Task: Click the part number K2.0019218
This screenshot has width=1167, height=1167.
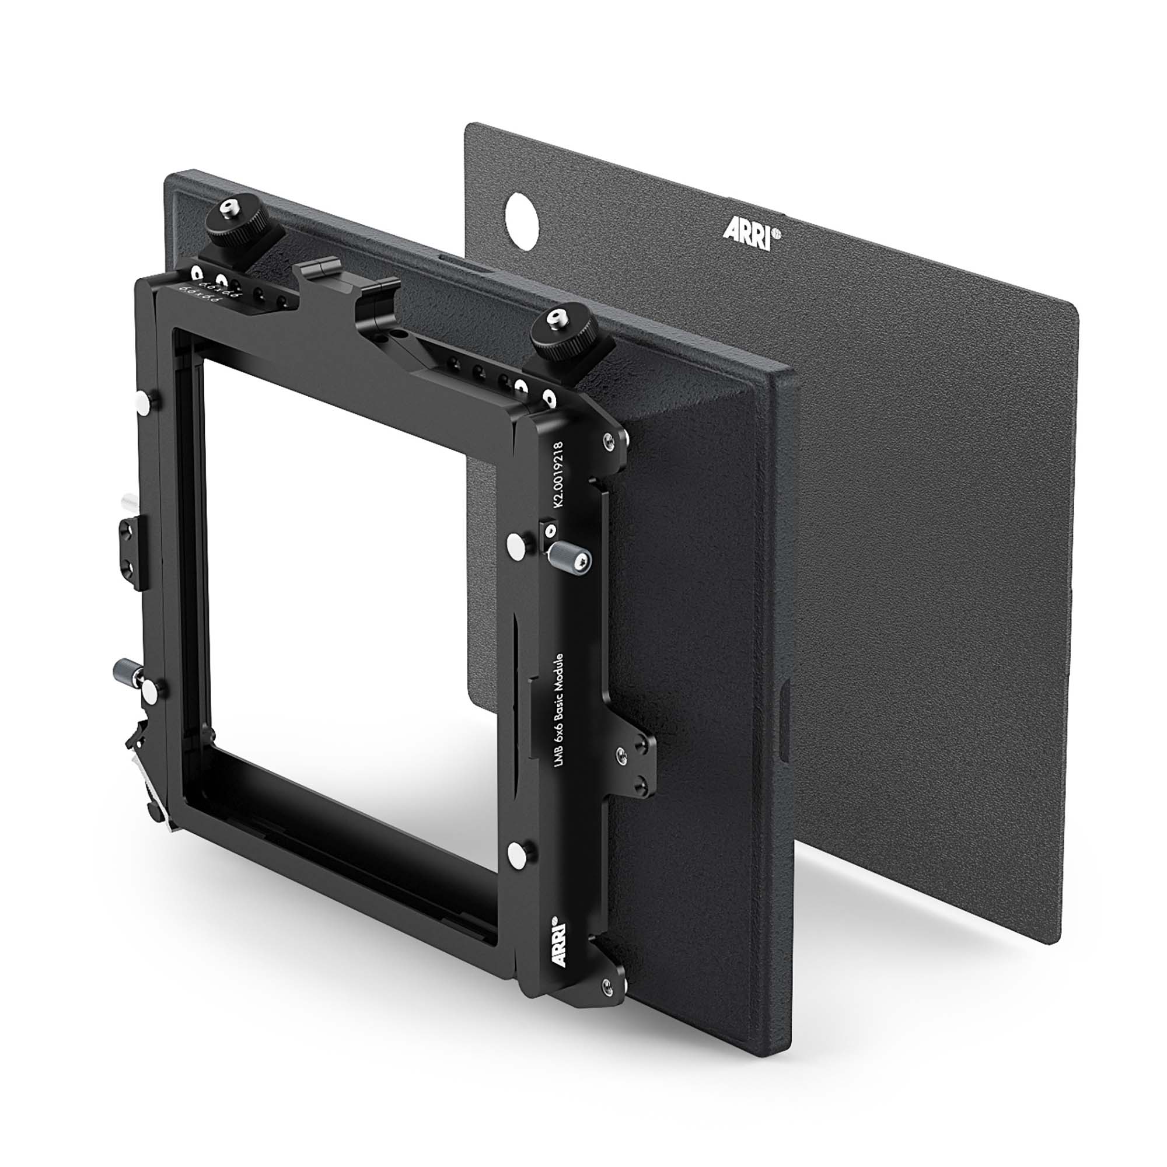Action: [557, 477]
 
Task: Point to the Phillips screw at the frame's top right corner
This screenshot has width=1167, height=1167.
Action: [607, 444]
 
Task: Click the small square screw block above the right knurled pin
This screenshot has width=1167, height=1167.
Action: [549, 530]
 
